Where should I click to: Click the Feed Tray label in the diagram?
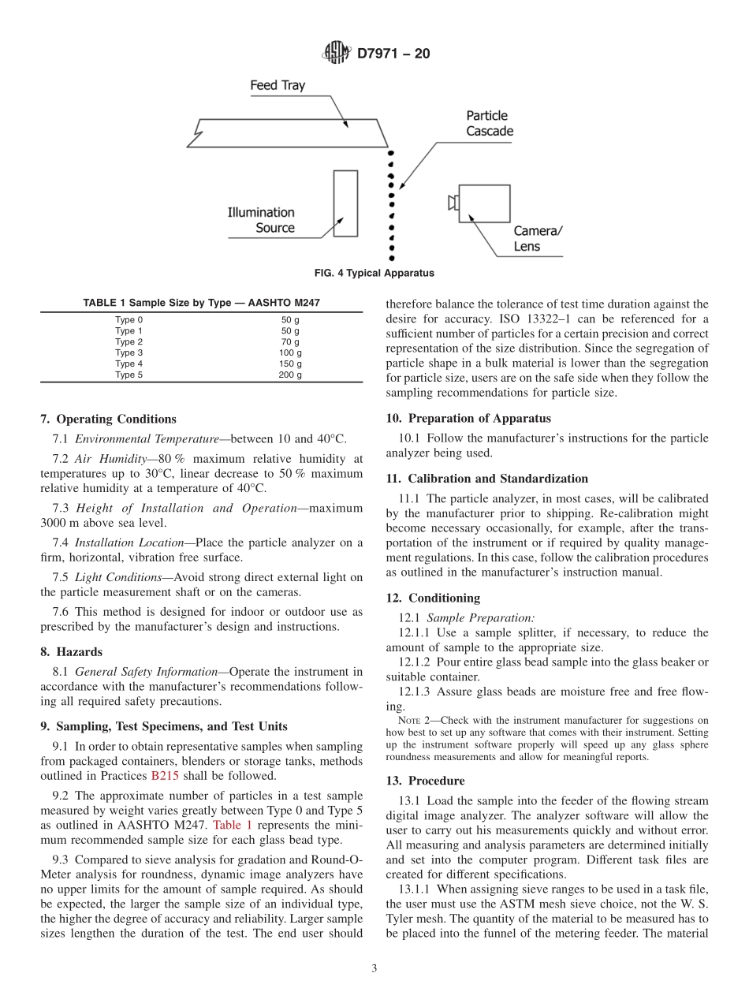278,85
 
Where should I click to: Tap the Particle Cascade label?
489,123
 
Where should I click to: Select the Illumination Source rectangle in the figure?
345,203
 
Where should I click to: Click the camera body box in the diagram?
483,203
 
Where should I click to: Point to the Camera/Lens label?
538,238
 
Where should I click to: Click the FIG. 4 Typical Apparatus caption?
374,274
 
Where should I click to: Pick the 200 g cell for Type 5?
289,375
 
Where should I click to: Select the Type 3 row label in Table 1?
129,353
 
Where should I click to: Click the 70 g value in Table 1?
289,342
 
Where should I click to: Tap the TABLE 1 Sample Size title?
201,303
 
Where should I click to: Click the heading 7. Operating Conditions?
108,419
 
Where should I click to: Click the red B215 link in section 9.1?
165,775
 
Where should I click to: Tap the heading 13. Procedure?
425,780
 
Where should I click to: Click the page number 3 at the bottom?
374,968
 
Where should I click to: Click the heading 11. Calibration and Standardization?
486,479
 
